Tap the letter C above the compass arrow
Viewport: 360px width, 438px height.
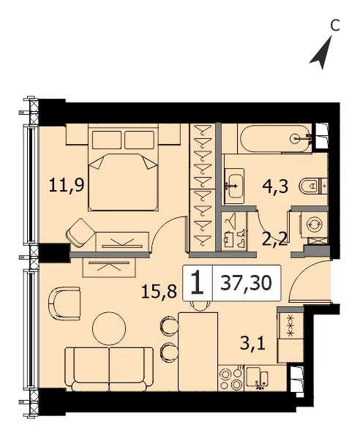coord(335,26)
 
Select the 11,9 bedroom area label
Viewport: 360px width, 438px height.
coord(67,185)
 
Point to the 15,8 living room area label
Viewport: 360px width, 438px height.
coord(159,292)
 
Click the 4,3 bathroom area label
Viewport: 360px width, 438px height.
coord(275,186)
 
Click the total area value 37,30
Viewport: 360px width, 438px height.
coord(246,283)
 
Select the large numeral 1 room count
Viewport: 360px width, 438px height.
coord(198,283)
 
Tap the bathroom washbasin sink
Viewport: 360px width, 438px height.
coord(234,186)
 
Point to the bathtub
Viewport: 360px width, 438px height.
coord(274,139)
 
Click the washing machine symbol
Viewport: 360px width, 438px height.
coord(314,224)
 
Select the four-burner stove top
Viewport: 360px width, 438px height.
coord(231,378)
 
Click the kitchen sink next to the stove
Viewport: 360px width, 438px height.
coord(257,378)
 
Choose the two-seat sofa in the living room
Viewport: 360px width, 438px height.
coord(109,369)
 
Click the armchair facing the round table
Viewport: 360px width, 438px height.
coord(64,303)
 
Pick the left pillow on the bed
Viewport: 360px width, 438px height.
coord(107,140)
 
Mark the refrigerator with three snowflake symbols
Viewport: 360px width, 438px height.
coord(290,335)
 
